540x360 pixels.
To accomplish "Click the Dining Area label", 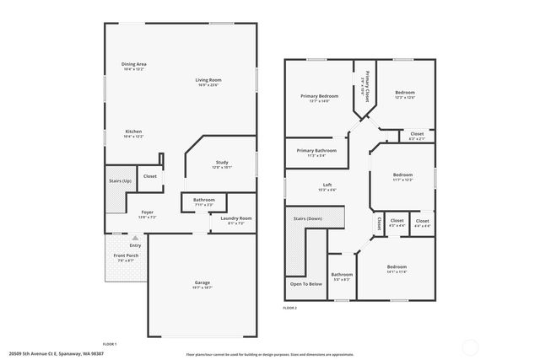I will [x=134, y=64].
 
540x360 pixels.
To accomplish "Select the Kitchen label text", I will [x=133, y=132].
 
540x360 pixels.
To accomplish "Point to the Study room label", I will [x=222, y=163].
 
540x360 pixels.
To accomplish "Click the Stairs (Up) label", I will [x=121, y=181].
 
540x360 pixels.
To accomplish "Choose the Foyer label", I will [x=147, y=212].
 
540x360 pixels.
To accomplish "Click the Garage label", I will [x=202, y=282].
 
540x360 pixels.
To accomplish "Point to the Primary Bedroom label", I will [x=319, y=96].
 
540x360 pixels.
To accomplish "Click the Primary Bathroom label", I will [x=316, y=152].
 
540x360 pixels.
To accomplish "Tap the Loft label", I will [x=327, y=185].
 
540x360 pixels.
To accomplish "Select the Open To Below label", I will [x=306, y=284].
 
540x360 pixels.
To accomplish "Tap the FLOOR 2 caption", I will [x=289, y=308].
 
